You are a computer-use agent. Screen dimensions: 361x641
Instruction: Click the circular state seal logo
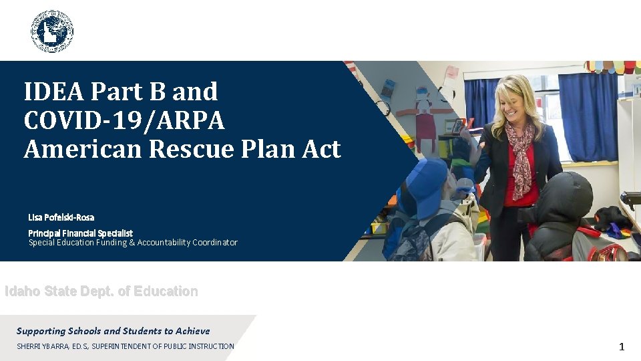pyautogui.click(x=52, y=31)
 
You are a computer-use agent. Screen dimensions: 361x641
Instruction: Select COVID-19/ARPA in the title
pyautogui.click(x=124, y=120)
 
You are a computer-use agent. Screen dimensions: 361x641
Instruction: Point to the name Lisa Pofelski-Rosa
pyautogui.click(x=61, y=217)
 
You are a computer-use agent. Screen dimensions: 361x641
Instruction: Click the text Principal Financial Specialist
pyautogui.click(x=80, y=233)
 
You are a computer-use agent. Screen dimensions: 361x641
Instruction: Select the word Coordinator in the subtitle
pyautogui.click(x=211, y=243)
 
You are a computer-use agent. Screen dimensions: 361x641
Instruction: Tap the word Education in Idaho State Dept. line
pyautogui.click(x=165, y=291)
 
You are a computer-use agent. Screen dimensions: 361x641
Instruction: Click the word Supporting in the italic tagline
pyautogui.click(x=41, y=331)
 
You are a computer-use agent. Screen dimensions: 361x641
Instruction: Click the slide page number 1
pyautogui.click(x=621, y=346)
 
